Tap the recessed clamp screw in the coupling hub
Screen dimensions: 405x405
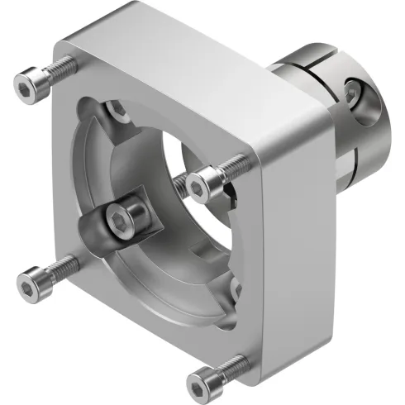coord(354,92)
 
